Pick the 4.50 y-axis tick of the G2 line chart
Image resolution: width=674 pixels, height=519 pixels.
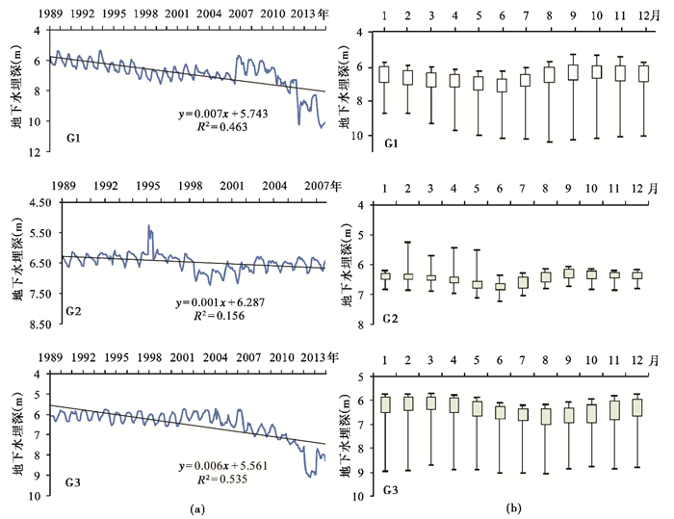(39, 203)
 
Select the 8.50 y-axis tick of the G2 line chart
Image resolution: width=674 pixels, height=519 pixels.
(39, 324)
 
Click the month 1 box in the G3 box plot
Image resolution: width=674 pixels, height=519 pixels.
(385, 403)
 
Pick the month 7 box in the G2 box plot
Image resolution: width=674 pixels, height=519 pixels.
(524, 282)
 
